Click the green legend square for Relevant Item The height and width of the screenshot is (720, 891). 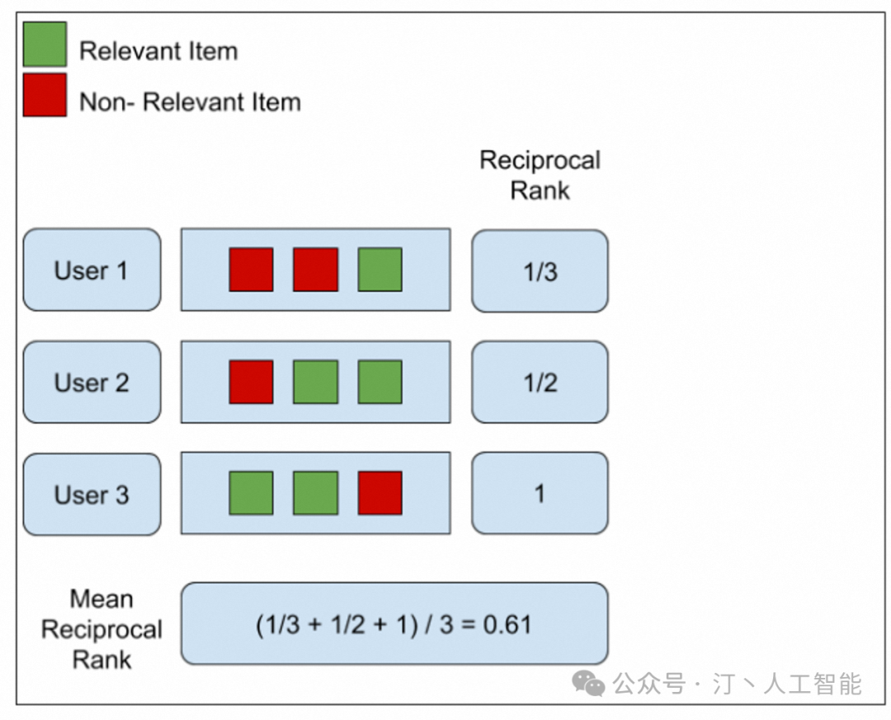point(45,44)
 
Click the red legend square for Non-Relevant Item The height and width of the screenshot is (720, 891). point(45,95)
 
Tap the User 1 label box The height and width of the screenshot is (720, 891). point(92,270)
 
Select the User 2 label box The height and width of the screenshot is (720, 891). point(92,382)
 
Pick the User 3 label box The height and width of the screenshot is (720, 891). point(92,494)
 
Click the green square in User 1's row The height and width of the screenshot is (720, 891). point(380,270)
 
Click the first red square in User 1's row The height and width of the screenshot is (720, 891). point(251,270)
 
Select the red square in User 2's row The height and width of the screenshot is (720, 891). point(251,382)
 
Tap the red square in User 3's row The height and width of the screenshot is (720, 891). point(380,493)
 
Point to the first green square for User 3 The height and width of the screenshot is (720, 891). point(251,493)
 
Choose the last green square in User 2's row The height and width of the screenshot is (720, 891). point(380,382)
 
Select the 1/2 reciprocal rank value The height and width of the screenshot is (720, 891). point(540,383)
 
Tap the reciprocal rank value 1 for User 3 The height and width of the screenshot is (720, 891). point(540,494)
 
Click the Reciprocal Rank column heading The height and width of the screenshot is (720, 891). point(540,175)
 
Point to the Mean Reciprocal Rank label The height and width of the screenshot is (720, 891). point(101,628)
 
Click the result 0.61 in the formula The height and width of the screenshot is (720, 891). point(507,624)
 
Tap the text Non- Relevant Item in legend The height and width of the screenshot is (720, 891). point(190,102)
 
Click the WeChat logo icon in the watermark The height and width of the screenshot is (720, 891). point(589,683)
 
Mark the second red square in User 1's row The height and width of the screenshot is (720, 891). point(315,270)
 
